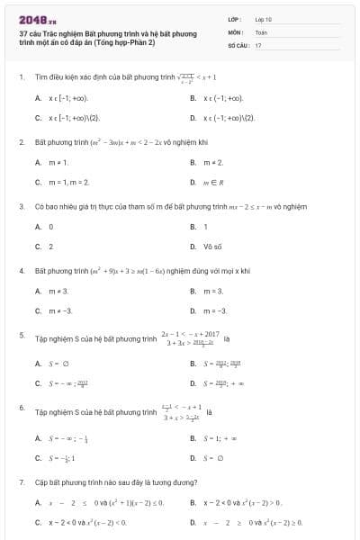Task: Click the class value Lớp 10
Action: (x=264, y=18)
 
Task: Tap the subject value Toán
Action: (x=261, y=31)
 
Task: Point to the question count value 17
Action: (x=258, y=44)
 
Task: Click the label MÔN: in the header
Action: (x=236, y=31)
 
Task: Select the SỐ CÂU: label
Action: (x=238, y=44)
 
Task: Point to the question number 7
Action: (x=21, y=481)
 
